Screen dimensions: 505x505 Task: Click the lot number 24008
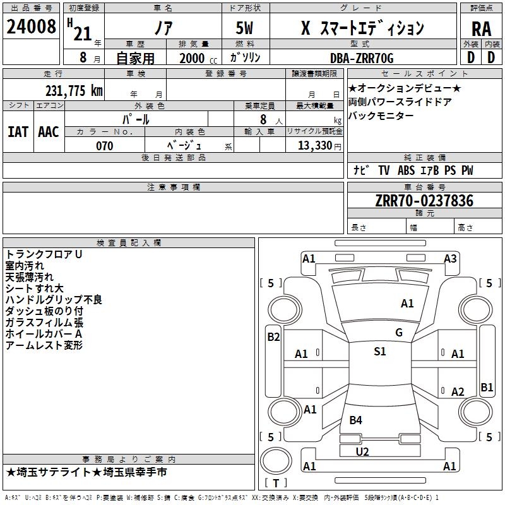coord(31,27)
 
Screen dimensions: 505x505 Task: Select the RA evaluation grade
coord(481,29)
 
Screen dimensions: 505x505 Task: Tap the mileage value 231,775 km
coord(74,90)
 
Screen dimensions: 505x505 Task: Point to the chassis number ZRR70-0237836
coord(424,201)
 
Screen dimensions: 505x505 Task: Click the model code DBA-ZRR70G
coord(362,59)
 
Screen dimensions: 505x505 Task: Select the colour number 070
coord(105,146)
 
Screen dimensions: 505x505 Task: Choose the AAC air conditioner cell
coord(49,132)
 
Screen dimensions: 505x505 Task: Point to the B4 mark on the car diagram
coord(356,420)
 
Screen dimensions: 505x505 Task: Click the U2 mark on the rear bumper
coord(362,451)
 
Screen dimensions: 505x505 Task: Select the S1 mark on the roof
coord(379,352)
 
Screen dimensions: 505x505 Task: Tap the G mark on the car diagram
coord(399,333)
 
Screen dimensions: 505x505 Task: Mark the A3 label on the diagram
coord(450,258)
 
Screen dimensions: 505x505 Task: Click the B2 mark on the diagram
coord(273,337)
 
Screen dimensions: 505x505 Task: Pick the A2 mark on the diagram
coord(458,392)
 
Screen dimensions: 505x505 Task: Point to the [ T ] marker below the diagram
coord(275,484)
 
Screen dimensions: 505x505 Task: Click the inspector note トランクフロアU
coord(44,254)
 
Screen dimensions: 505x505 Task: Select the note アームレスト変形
coord(44,345)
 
